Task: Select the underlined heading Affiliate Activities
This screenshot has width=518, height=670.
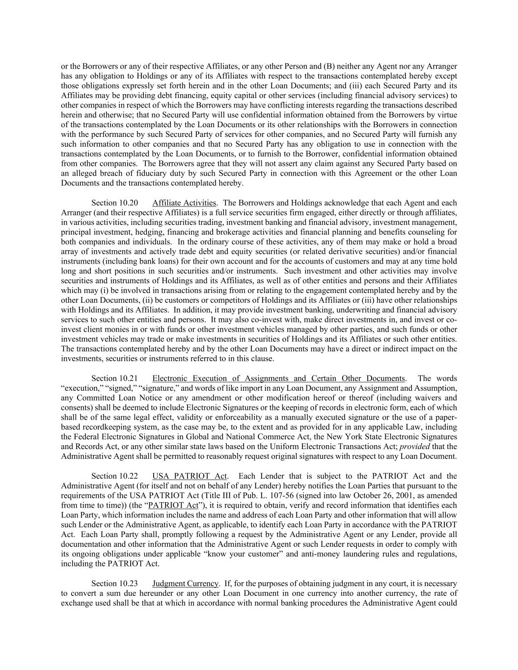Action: pyautogui.click(x=184, y=203)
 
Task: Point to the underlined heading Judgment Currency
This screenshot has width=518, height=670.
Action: pyautogui.click(x=185, y=584)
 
